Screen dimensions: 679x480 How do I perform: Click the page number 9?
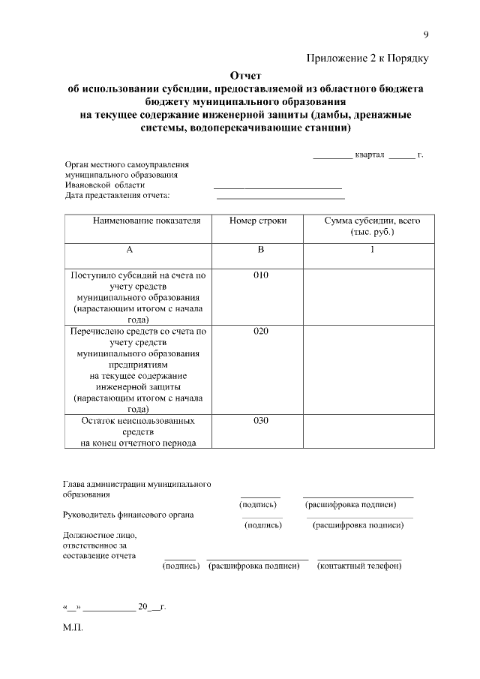(x=426, y=35)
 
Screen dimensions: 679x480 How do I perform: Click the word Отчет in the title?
(x=245, y=76)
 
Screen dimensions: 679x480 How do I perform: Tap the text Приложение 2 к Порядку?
(x=367, y=59)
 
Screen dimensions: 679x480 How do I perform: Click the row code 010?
(x=260, y=275)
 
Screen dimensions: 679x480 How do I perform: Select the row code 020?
(x=260, y=331)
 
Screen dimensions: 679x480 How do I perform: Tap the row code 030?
(x=260, y=420)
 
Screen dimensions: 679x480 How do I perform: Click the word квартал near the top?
(x=370, y=155)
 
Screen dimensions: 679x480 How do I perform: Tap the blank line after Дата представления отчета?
(x=280, y=197)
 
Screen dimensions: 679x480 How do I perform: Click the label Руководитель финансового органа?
(x=128, y=515)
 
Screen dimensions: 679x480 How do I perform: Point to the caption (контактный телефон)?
(x=360, y=566)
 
